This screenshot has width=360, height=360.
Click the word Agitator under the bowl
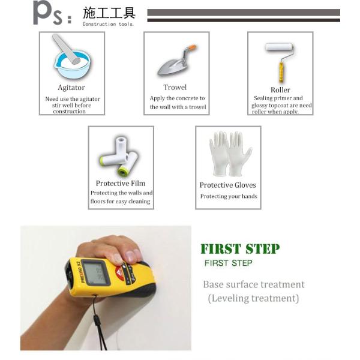(71, 88)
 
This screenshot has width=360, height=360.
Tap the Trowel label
(175, 87)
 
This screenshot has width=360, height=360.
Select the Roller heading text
(280, 90)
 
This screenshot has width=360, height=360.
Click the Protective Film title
(121, 183)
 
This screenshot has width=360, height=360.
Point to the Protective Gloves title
(228, 185)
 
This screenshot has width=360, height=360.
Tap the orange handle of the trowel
(191, 47)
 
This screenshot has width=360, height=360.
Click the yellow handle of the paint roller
(281, 72)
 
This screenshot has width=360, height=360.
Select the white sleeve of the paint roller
(279, 47)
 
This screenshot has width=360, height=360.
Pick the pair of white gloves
(230, 154)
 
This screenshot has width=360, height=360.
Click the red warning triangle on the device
(119, 273)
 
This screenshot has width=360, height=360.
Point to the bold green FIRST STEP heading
(240, 249)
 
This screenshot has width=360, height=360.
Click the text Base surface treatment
(254, 284)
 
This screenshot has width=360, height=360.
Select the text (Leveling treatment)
(253, 298)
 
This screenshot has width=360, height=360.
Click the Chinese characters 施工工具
(109, 13)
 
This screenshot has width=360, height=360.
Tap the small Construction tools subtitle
(108, 24)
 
